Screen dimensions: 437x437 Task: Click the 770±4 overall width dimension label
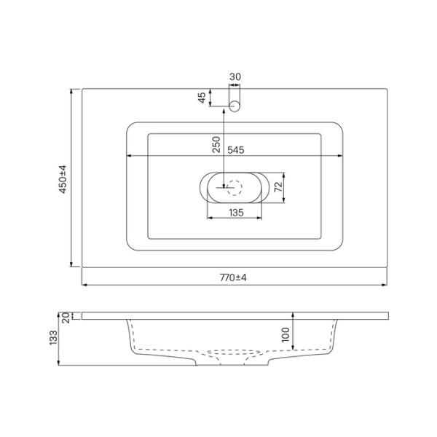tap(233, 277)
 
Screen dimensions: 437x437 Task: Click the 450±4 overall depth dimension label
tap(63, 179)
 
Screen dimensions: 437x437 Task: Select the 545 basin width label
tap(236, 150)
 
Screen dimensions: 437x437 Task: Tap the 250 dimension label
tap(216, 144)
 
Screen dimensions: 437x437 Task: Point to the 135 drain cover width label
tap(236, 213)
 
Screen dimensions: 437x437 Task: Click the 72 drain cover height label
tap(278, 186)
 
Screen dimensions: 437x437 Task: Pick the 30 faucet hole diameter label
tap(235, 76)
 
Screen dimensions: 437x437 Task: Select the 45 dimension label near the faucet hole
tap(202, 98)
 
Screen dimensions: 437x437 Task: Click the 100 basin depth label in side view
tap(286, 335)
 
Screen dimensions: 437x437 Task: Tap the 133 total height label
tap(53, 338)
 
